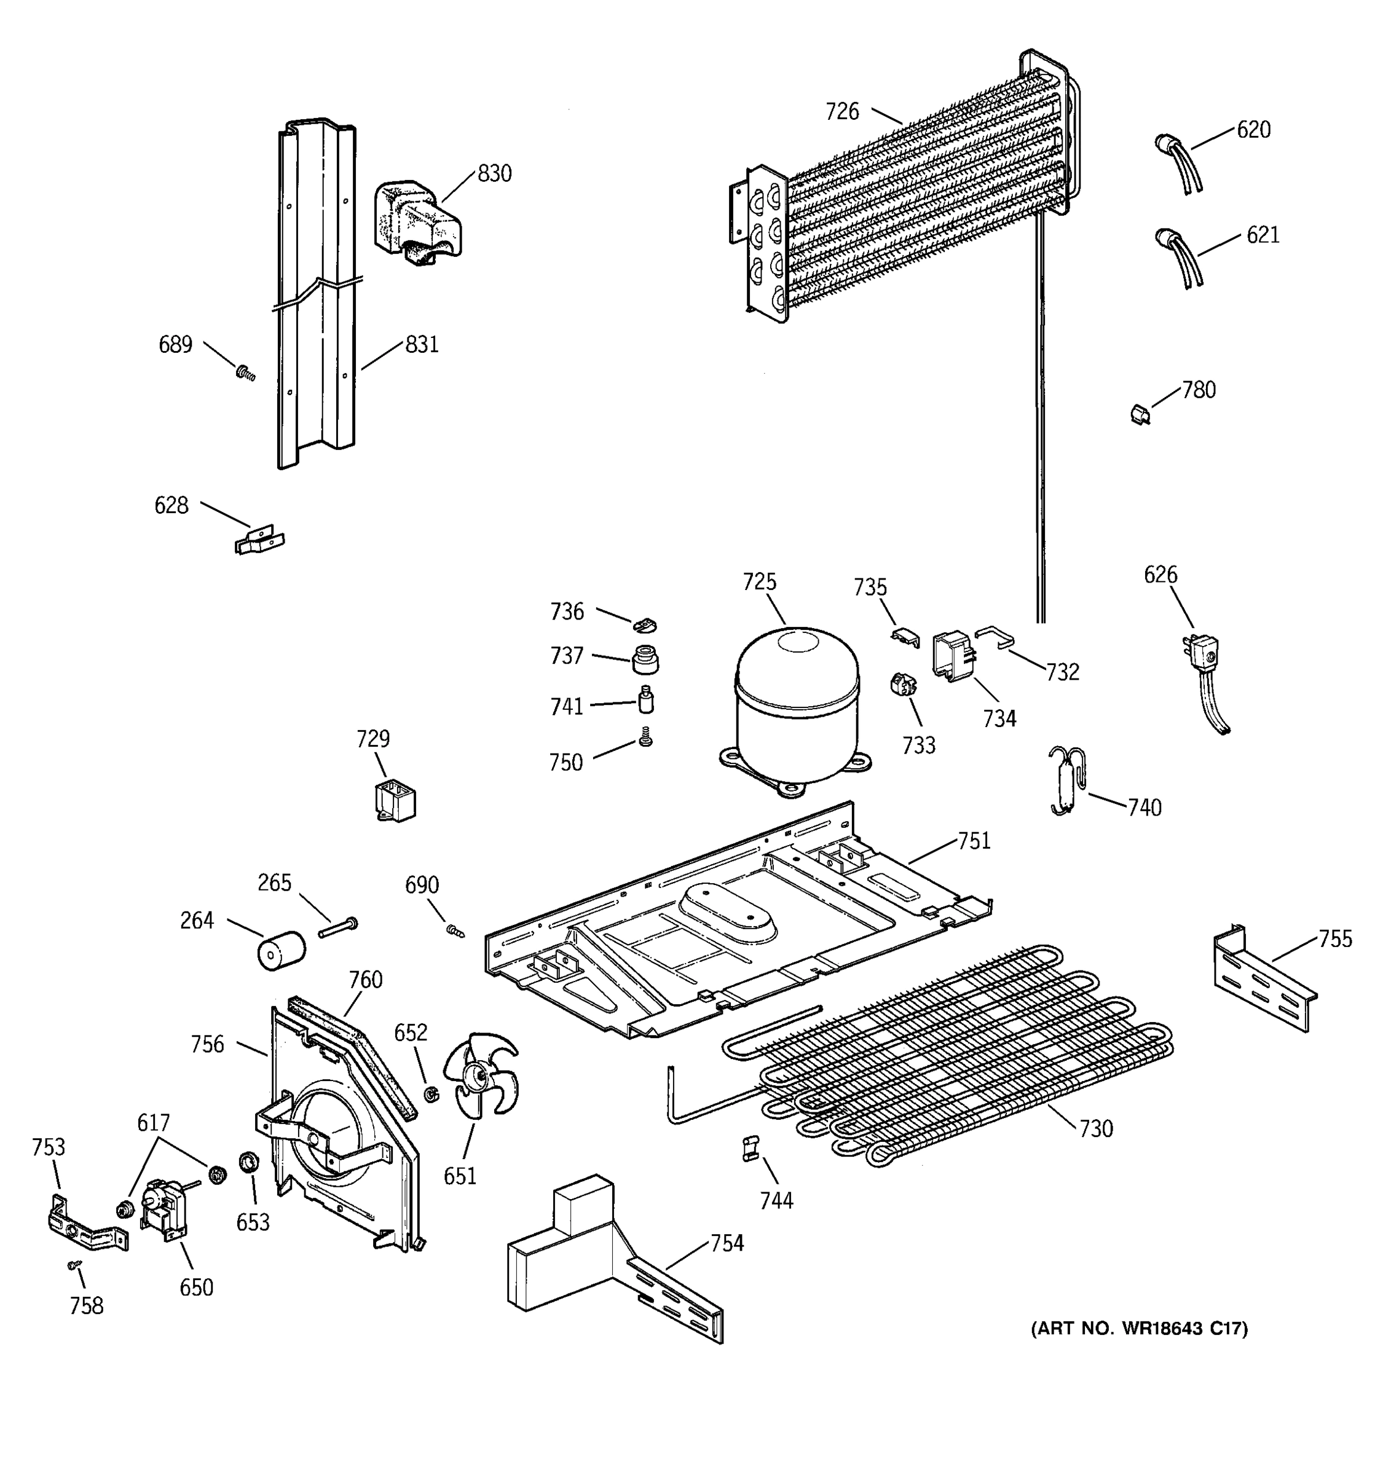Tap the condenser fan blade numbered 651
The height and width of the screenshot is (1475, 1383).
[480, 1074]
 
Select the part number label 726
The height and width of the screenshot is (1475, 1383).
[842, 112]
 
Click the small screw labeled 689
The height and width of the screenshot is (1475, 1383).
[245, 373]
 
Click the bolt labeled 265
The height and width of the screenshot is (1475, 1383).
[338, 927]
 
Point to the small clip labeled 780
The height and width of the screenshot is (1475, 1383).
[1140, 414]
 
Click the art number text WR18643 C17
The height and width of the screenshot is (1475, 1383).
[1139, 1328]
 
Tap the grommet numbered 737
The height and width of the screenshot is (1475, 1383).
[645, 659]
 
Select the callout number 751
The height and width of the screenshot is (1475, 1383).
[974, 841]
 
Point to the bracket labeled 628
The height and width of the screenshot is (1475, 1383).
[259, 540]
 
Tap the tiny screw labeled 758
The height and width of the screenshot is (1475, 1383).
[74, 1264]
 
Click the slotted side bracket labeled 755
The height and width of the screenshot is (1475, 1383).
[1264, 980]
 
